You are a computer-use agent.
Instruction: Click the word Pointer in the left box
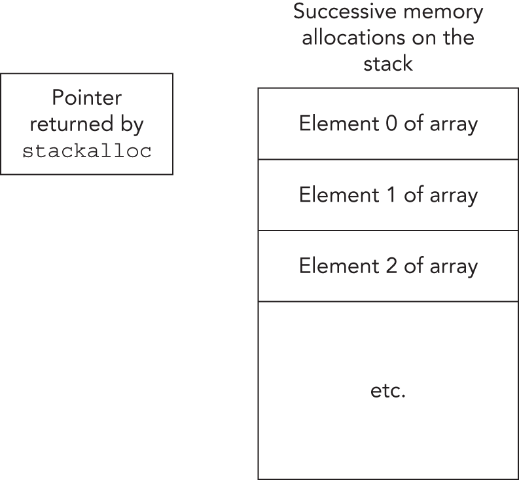point(86,98)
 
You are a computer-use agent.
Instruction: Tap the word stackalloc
point(86,151)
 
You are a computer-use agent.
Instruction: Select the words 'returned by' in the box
point(86,124)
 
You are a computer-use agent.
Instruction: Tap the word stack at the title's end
point(389,64)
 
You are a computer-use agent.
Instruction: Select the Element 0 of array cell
point(388,124)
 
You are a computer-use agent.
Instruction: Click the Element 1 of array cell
point(388,195)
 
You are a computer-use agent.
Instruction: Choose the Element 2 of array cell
point(388,266)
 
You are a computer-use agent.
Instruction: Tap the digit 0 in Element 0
point(390,124)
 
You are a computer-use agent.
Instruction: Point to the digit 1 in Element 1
point(390,195)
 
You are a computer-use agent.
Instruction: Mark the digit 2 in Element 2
point(390,266)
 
